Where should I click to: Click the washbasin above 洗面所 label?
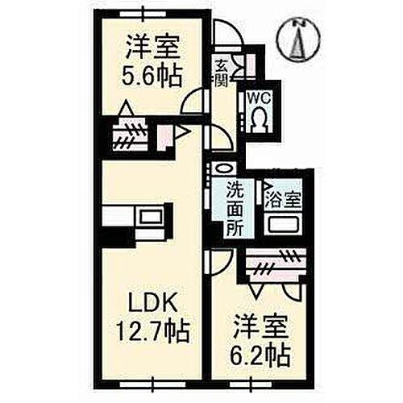pos(222,170)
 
